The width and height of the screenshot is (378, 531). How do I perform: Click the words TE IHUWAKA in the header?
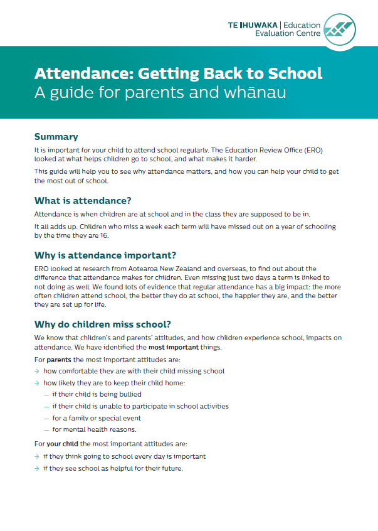(253, 25)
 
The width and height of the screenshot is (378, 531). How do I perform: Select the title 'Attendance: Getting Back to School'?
(178, 73)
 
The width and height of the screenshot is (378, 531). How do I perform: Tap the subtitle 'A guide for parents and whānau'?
(160, 94)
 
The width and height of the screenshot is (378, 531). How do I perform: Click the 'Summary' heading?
(56, 137)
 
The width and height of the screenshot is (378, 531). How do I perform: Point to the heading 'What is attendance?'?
(82, 201)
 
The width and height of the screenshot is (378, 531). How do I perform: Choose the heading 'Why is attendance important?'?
(105, 255)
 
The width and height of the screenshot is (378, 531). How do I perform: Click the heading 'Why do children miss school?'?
(102, 324)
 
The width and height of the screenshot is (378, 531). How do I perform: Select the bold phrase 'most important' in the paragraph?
(174, 347)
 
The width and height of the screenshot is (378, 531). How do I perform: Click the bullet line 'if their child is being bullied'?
(97, 395)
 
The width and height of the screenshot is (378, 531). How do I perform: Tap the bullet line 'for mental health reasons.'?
(94, 430)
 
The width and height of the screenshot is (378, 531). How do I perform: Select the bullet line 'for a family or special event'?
(97, 418)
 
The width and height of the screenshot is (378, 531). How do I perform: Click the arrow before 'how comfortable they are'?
(37, 372)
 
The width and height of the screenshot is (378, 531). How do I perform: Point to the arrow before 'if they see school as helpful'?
(37, 468)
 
